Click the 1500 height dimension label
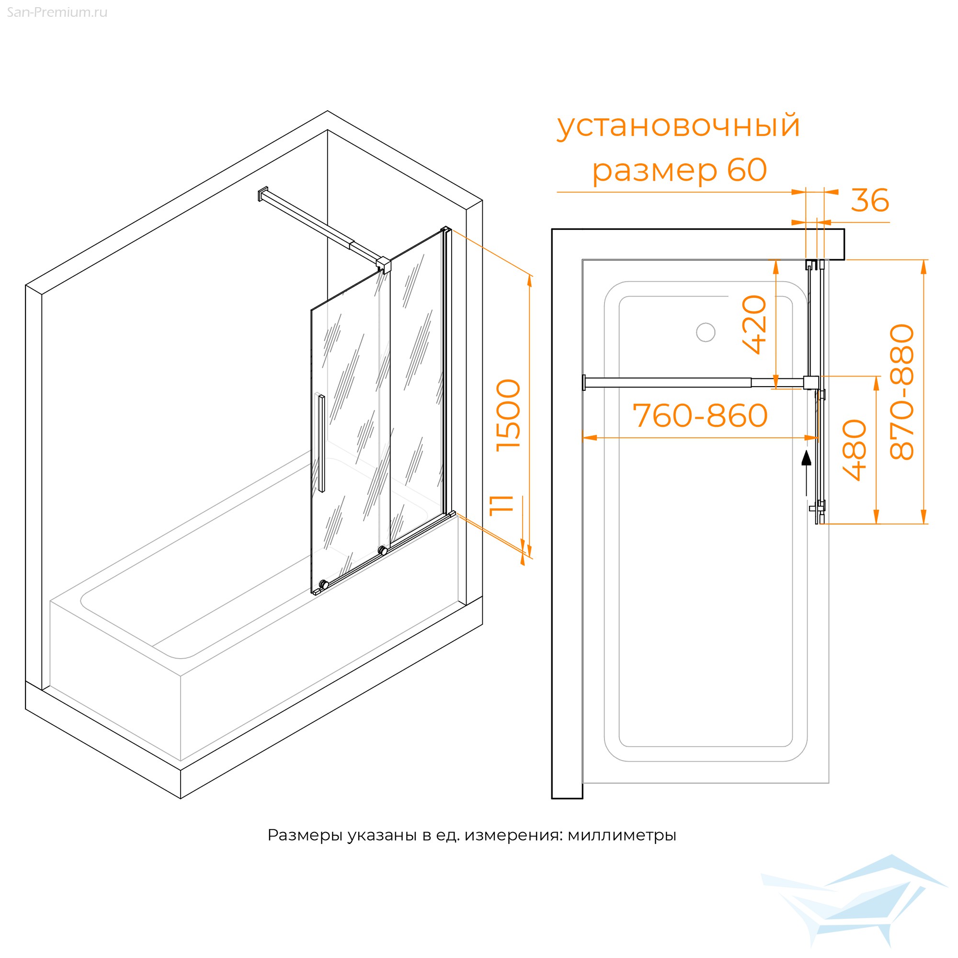509,415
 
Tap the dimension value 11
501,505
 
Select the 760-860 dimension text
700,415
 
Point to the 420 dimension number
755,324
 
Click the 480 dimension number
855,450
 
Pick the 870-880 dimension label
902,392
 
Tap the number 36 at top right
870,200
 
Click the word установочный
679,126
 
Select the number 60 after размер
747,170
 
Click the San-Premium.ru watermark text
57,12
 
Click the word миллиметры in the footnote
622,835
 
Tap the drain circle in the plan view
706,332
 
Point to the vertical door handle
321,443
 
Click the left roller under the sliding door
324,584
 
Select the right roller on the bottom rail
382,550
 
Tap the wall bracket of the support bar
262,194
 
